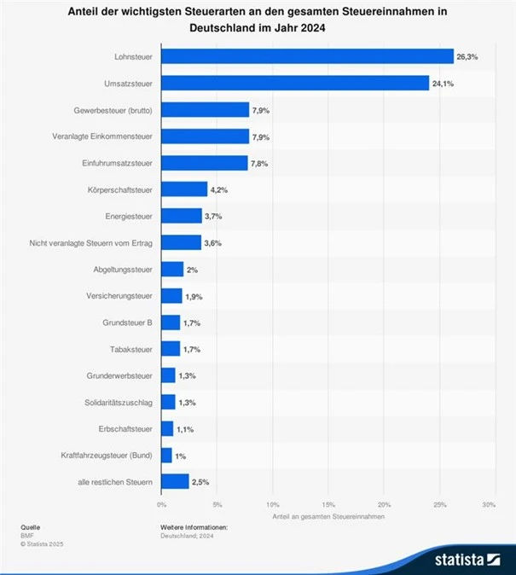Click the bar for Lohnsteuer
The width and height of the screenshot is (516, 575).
point(307,56)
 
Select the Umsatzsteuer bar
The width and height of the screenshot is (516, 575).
point(295,83)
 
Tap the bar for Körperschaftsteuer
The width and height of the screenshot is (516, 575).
point(184,189)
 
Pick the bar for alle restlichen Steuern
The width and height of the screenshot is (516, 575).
point(175,482)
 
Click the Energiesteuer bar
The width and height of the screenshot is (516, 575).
point(182,216)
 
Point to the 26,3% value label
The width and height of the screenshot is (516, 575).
point(467,56)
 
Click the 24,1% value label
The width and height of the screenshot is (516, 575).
point(443,83)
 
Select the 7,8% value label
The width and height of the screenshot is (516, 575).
point(259,163)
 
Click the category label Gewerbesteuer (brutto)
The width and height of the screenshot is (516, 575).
point(113,110)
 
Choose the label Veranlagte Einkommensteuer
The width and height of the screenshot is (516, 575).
point(102,136)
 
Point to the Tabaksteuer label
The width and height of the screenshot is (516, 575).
point(130,349)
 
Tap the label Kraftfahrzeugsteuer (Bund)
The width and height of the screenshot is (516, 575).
point(107,456)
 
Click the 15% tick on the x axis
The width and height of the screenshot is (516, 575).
point(328,505)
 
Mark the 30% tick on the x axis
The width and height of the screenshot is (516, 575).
point(489,505)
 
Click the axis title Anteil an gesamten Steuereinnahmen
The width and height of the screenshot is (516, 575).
point(328,517)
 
